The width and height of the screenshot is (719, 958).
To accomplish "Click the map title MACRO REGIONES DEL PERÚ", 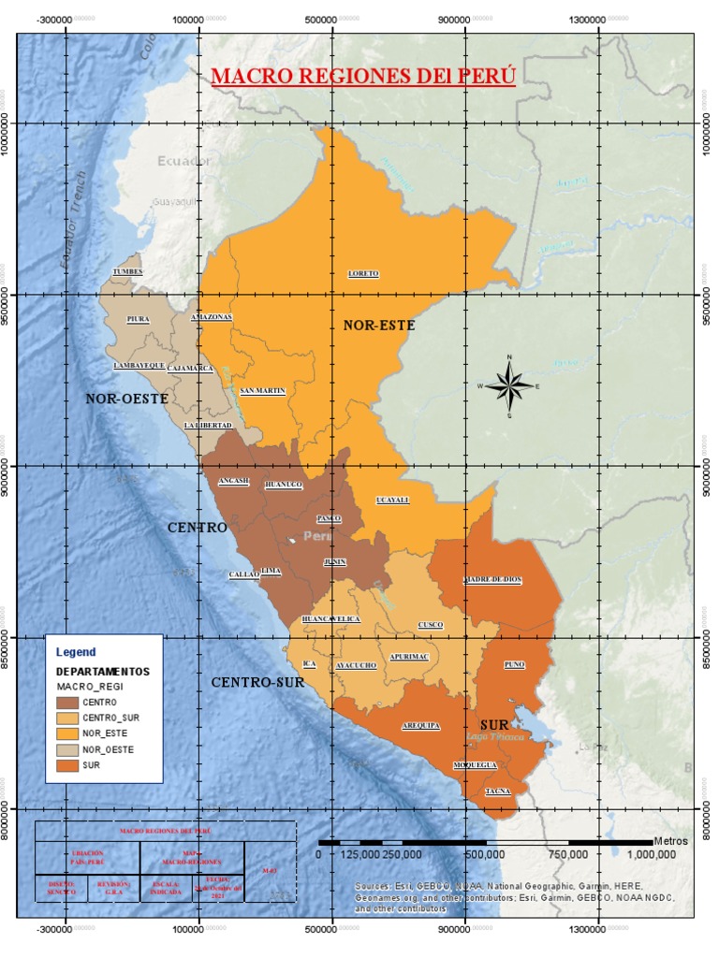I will (x=363, y=76).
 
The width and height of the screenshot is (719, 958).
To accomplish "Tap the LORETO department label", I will (x=363, y=273).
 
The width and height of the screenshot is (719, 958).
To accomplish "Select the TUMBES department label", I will (x=129, y=271).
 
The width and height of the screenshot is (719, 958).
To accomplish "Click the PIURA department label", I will (x=139, y=319).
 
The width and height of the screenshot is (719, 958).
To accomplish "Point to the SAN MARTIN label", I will (x=262, y=390).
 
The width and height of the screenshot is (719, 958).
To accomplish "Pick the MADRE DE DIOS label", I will (x=492, y=580).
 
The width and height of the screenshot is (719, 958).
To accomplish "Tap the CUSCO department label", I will (x=430, y=625).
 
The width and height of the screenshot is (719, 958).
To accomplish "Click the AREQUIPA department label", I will (x=421, y=725).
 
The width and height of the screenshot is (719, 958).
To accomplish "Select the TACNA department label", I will (x=498, y=792).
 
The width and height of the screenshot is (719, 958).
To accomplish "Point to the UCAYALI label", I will (x=392, y=501).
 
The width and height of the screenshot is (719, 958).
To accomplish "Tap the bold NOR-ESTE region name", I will (x=378, y=326).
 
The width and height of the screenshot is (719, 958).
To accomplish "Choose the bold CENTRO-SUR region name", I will (x=257, y=683).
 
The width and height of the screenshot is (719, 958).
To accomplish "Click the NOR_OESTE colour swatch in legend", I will (x=66, y=749).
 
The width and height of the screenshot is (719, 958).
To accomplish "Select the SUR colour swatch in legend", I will (x=66, y=765).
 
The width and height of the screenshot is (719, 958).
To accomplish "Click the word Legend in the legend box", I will (x=76, y=651).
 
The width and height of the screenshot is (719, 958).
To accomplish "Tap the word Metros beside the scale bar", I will (x=670, y=841).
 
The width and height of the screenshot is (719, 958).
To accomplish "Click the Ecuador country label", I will (x=183, y=161).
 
